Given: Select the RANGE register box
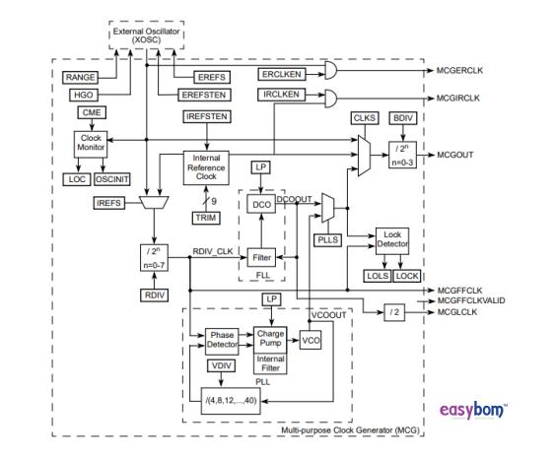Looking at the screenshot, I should point(79,77).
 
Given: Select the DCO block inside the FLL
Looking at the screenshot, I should point(259,203).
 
